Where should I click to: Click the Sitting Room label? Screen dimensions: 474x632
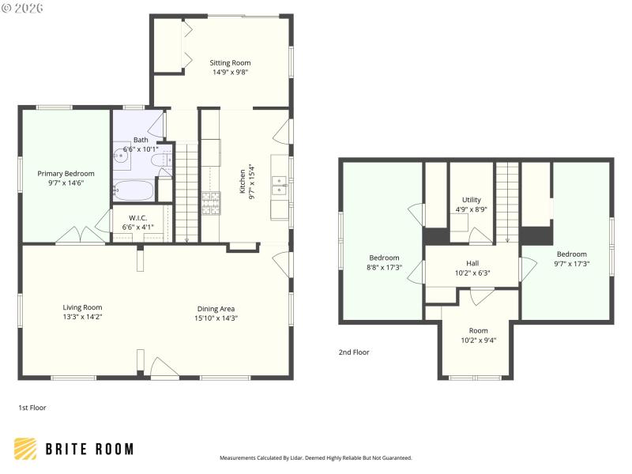pyautogui.click(x=230, y=63)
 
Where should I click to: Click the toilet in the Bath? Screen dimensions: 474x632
pyautogui.click(x=164, y=160)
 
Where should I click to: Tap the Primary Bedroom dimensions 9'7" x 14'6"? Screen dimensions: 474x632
pyautogui.click(x=66, y=183)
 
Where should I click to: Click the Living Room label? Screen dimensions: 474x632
pyautogui.click(x=82, y=308)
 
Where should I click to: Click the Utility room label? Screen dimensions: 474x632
pyautogui.click(x=472, y=200)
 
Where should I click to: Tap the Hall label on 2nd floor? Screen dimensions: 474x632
pyautogui.click(x=472, y=263)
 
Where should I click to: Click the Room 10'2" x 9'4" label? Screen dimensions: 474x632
pyautogui.click(x=478, y=331)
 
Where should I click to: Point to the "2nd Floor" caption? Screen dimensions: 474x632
pyautogui.click(x=354, y=352)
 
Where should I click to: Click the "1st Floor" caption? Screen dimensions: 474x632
pyautogui.click(x=32, y=408)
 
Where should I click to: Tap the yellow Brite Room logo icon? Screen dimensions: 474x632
pyautogui.click(x=25, y=449)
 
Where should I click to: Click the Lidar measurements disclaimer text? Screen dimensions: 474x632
pyautogui.click(x=315, y=457)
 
